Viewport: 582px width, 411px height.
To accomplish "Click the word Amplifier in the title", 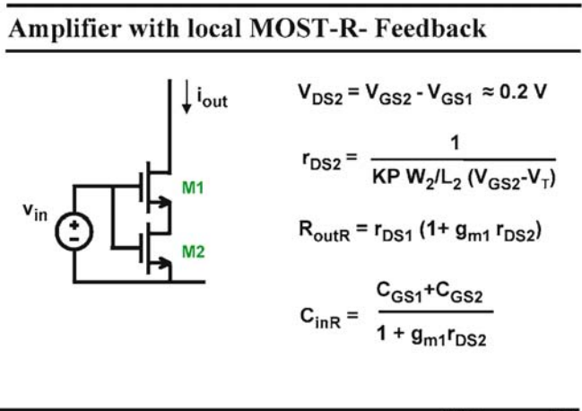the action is [65, 29].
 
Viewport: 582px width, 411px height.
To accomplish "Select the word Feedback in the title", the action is [430, 28].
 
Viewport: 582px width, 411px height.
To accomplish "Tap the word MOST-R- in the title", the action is [308, 28].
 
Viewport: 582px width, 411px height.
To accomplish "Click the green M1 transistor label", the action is [193, 188].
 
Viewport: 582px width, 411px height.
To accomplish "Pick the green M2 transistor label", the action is [193, 252].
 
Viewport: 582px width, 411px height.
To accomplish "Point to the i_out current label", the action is [212, 97].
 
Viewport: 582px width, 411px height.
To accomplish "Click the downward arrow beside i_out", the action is [187, 97].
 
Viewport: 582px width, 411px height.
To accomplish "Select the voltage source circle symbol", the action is [74, 231].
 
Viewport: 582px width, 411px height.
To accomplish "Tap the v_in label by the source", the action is [35, 212].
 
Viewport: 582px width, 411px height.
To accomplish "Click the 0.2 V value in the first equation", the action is [523, 92].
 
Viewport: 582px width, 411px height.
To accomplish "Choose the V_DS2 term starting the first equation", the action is [320, 93].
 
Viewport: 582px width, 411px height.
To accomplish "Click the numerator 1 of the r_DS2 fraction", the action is [455, 143].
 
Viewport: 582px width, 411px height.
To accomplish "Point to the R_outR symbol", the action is [324, 232].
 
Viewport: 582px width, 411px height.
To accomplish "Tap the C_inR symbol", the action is [320, 319].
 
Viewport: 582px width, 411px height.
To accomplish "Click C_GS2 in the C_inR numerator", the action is [459, 293].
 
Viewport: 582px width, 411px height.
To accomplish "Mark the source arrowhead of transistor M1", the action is [163, 202].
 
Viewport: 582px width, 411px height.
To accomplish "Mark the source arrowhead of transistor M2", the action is [163, 263].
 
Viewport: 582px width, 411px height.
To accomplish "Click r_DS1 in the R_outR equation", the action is [393, 232].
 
